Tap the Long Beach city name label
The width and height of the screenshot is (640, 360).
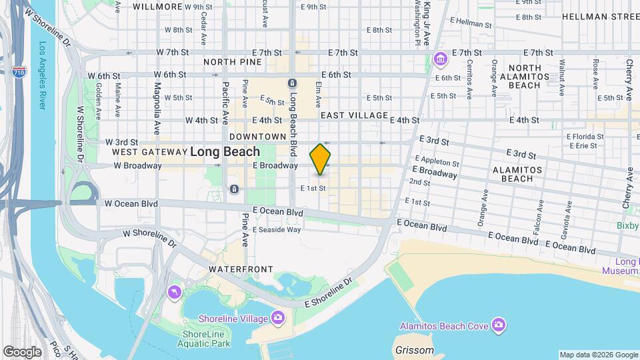coord(225,152)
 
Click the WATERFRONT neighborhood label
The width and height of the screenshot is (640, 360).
coord(241,269)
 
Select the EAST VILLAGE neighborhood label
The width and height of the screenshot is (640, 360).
coord(354,115)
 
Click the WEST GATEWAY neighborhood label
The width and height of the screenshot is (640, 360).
coord(148,152)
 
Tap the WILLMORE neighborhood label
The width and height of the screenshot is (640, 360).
coord(158,7)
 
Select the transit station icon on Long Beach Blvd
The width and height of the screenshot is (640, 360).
coord(292,83)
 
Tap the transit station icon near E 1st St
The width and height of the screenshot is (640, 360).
coord(234,189)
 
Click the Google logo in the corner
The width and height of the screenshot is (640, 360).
coord(21,352)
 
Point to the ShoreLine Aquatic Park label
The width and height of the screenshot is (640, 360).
coord(203,339)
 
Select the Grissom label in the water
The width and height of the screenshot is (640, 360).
coord(414,351)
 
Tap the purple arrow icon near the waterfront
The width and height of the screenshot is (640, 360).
coord(175,293)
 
